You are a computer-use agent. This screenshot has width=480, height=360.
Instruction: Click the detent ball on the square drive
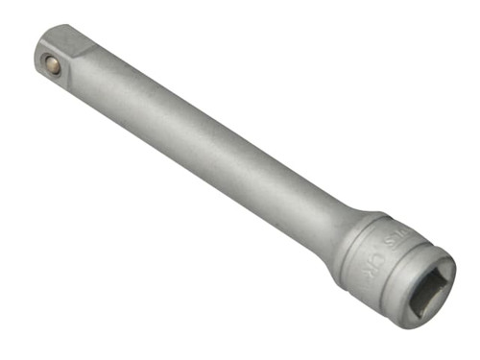pos(53,65)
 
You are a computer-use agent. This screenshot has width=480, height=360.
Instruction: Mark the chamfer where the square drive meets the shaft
pos(95,63)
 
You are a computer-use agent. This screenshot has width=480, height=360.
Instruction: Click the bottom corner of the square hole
pos(414,308)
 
